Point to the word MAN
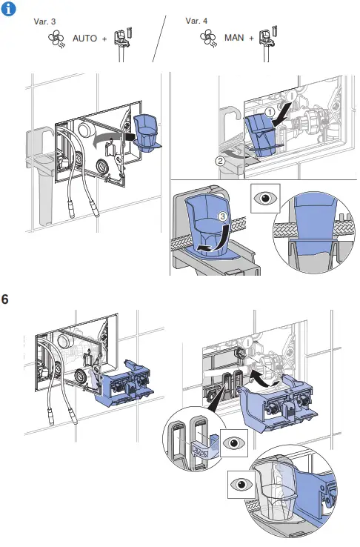click(233, 38)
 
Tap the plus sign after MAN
click(252, 38)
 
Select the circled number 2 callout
click(220, 160)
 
